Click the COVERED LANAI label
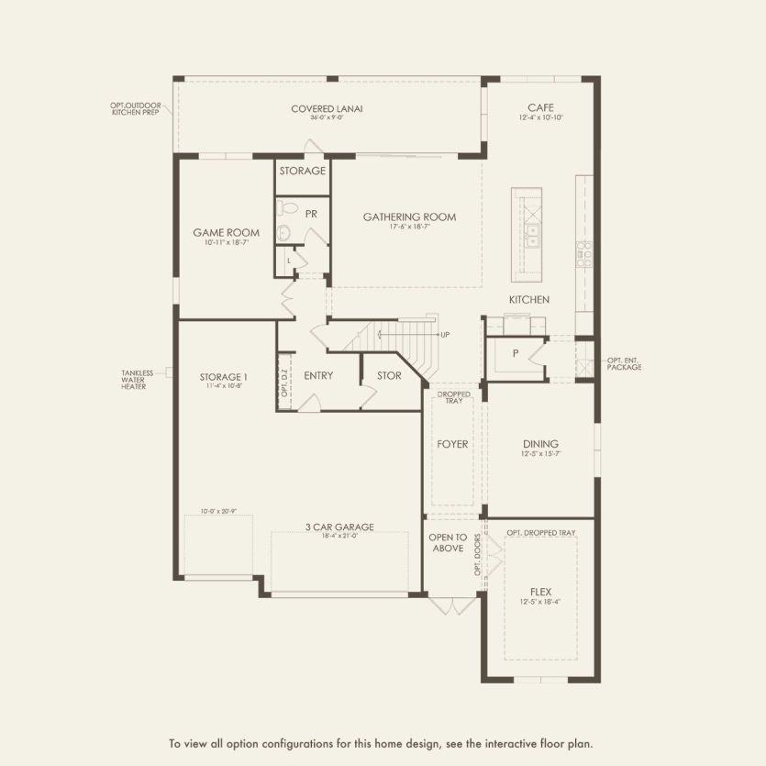point(327,108)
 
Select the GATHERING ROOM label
point(409,217)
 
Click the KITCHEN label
point(529,300)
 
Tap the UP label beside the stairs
point(445,334)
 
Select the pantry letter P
point(516,353)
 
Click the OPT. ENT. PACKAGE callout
point(624,363)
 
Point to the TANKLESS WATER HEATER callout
point(138,379)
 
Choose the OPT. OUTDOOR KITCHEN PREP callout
point(136,108)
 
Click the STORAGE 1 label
point(224,376)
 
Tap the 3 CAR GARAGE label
point(339,527)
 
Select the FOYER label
point(452,444)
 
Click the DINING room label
point(539,444)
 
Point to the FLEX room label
point(539,592)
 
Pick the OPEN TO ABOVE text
point(448,542)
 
